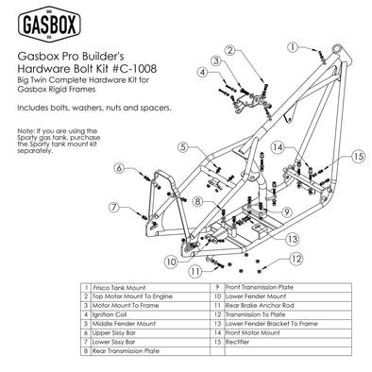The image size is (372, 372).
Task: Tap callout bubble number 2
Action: pyautogui.click(x=229, y=50)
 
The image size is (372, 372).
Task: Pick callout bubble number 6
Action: pyautogui.click(x=120, y=168)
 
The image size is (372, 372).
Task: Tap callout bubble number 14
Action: pyautogui.click(x=279, y=147)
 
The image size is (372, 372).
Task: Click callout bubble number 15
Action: pyautogui.click(x=331, y=155)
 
